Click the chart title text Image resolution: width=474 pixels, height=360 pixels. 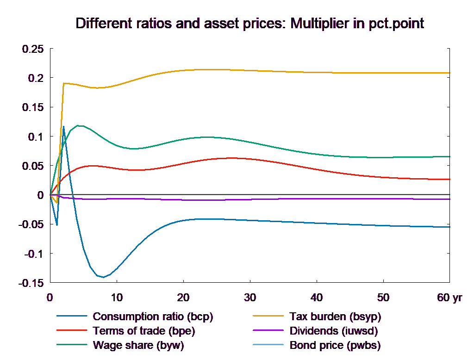(x=249, y=24)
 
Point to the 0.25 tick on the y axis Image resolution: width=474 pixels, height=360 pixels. (x=33, y=49)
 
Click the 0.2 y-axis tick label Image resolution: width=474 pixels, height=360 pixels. (x=36, y=78)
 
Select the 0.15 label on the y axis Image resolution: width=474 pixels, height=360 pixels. (x=33, y=107)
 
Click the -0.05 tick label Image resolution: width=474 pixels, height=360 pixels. (x=31, y=224)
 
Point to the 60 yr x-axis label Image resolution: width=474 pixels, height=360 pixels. (x=449, y=298)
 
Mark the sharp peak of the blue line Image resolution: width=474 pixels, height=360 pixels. (x=63, y=126)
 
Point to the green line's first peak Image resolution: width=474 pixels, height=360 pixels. (x=79, y=125)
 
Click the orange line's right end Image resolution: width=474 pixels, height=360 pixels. (x=449, y=73)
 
